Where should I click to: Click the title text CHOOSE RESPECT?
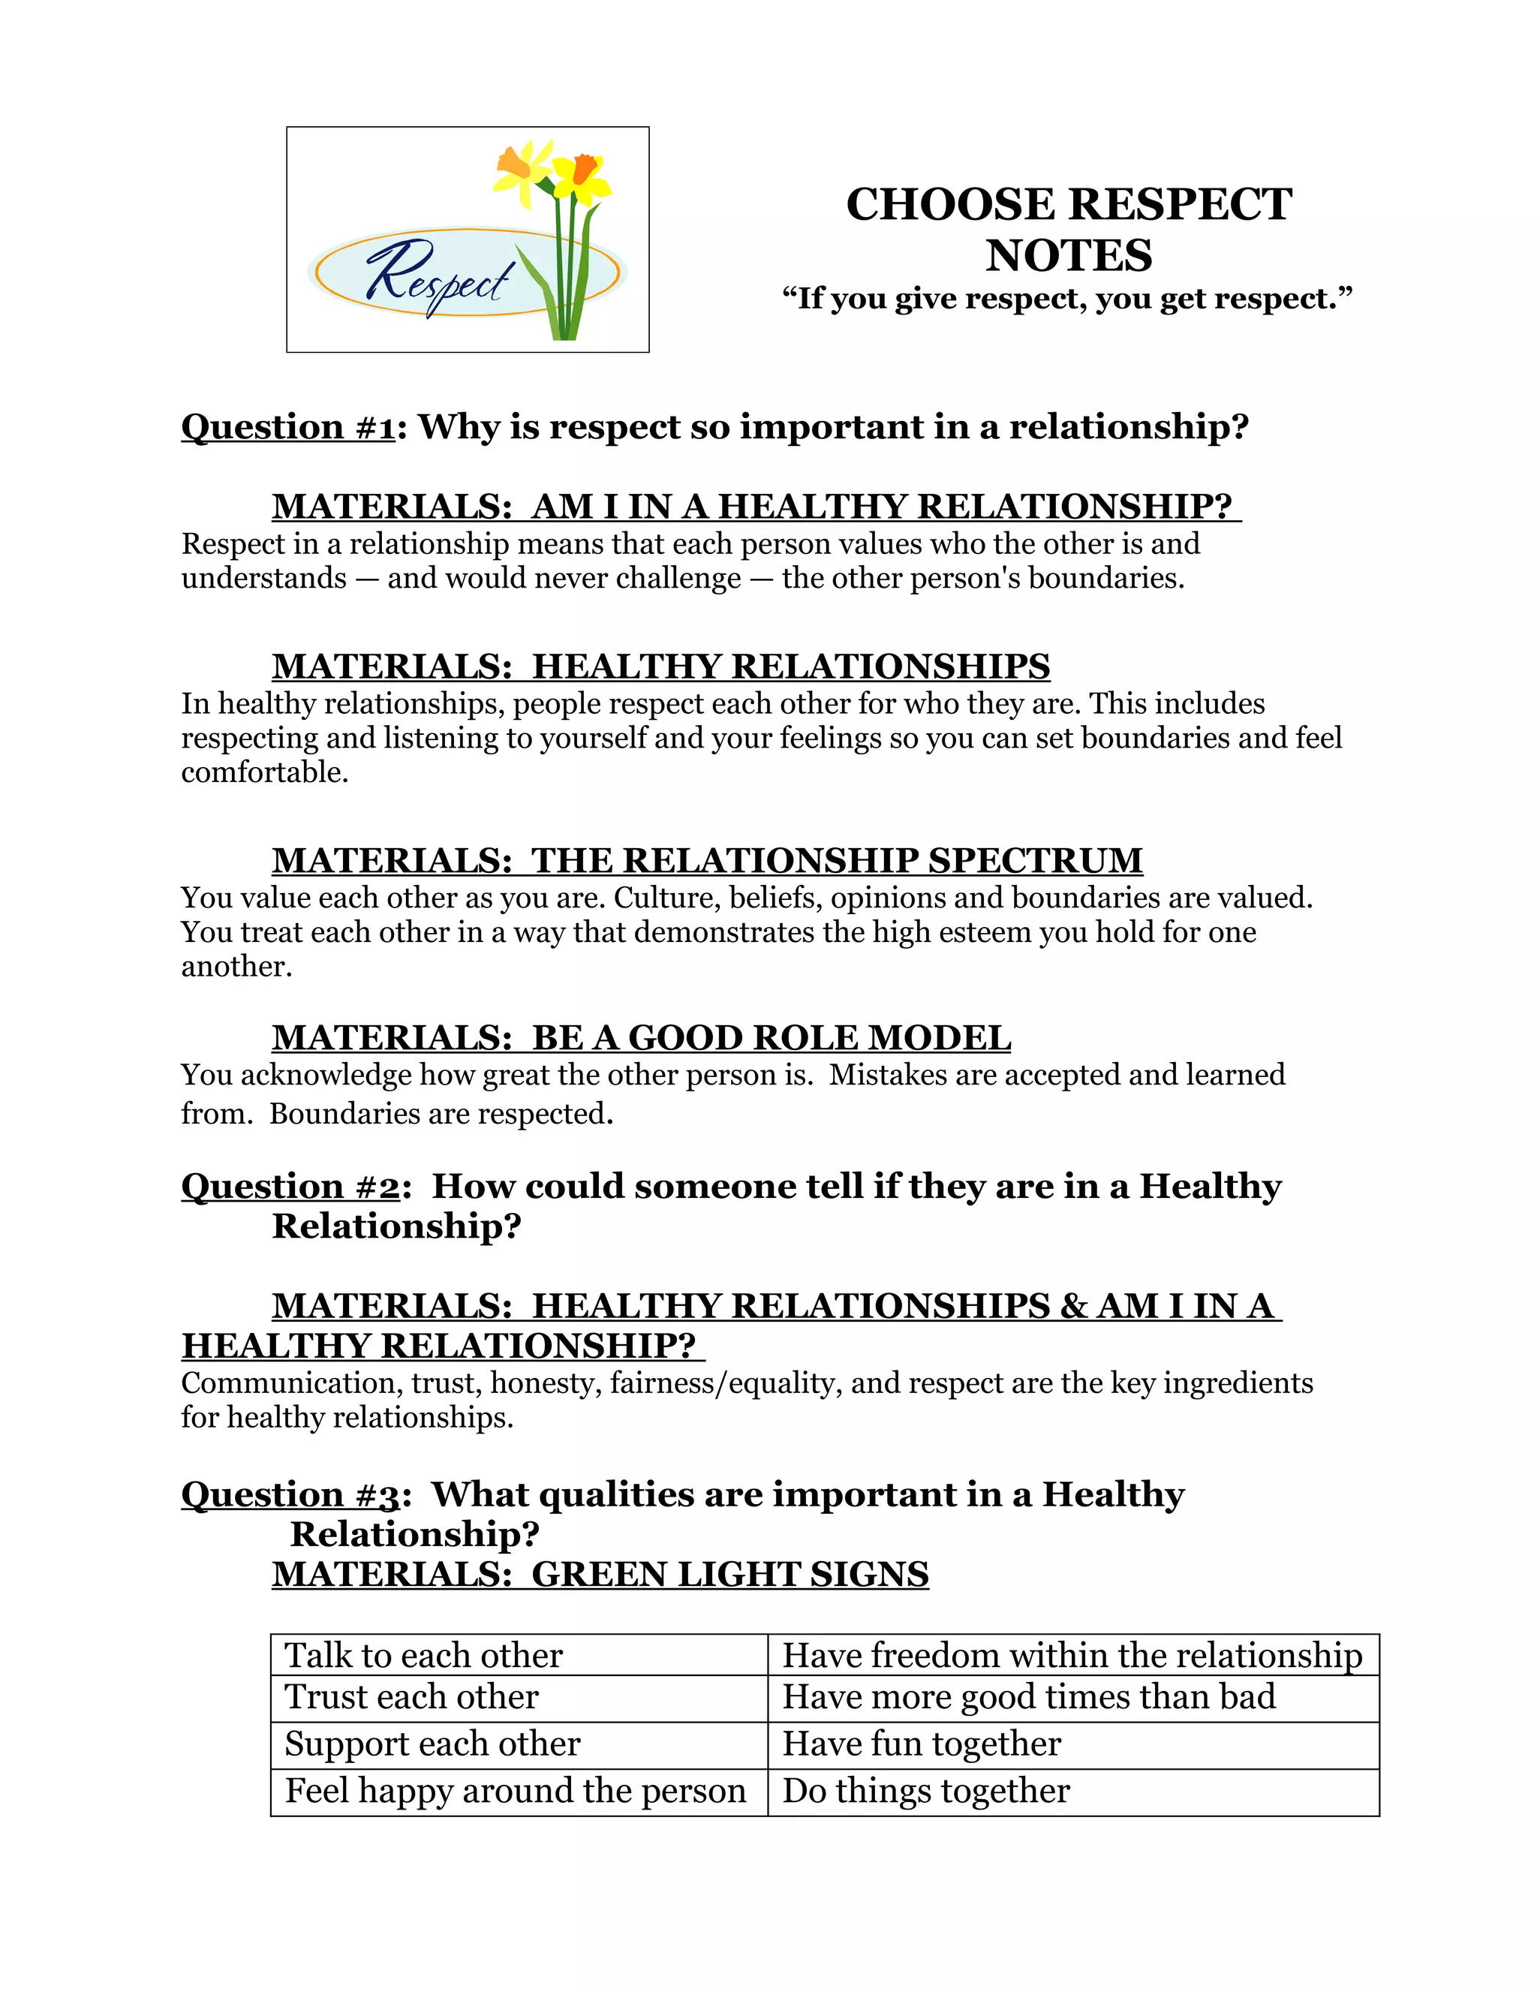coord(1068,204)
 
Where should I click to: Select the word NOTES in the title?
coord(1068,256)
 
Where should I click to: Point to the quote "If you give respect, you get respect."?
coord(1067,299)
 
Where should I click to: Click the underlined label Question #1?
coord(287,427)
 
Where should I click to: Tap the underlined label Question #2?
coord(290,1187)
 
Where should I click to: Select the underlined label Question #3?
coord(290,1494)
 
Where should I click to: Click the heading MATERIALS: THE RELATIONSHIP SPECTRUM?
coord(706,861)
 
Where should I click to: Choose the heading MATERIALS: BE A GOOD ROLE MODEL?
coord(641,1038)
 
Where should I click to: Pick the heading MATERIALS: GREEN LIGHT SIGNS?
coord(600,1575)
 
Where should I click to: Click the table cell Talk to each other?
coord(423,1656)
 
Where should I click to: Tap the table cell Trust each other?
coord(411,1698)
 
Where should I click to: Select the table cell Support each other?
coord(432,1744)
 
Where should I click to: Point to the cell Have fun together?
coord(922,1744)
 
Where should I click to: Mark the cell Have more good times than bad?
coord(1029,1698)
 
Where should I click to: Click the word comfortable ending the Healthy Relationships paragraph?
coord(264,772)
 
